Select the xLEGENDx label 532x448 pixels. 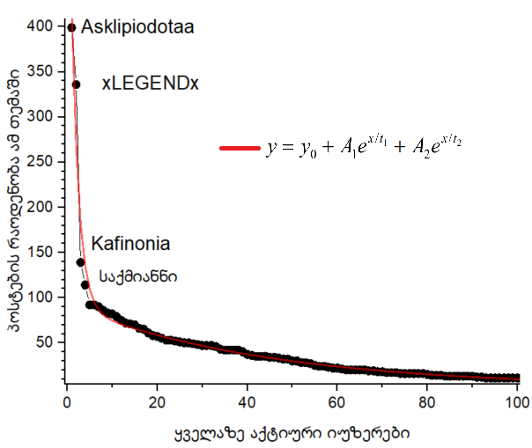(150, 84)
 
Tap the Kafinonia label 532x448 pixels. (130, 243)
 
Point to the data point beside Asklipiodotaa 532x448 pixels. (71, 27)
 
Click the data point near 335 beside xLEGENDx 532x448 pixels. (76, 84)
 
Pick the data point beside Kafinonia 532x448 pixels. (80, 262)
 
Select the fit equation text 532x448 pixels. (364, 148)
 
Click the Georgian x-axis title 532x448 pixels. (291, 433)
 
